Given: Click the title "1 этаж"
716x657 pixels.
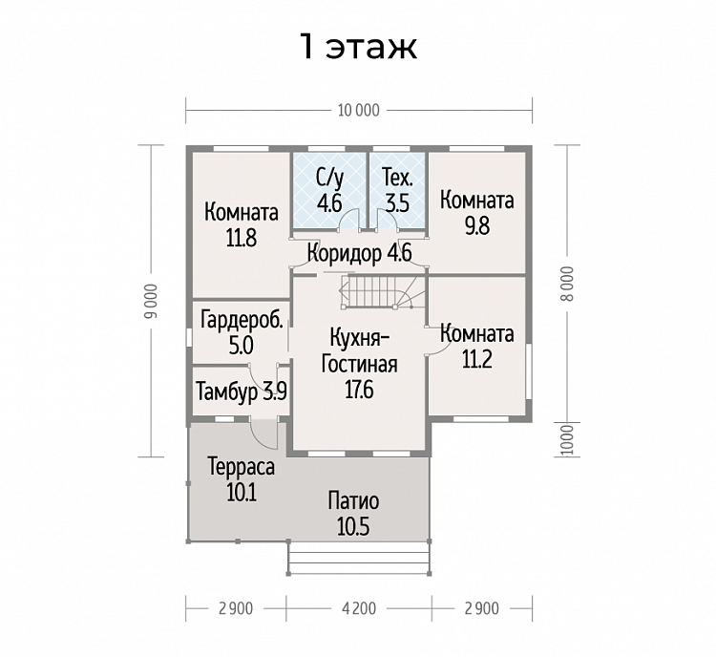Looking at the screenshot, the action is click(358, 46).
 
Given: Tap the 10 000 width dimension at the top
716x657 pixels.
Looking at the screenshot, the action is click(358, 111).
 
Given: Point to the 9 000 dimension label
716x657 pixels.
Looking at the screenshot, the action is click(153, 301).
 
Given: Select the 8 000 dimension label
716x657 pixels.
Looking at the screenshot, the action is click(567, 284).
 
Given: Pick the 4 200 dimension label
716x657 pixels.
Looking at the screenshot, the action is click(359, 608).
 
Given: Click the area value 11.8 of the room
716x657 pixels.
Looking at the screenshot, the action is click(242, 238).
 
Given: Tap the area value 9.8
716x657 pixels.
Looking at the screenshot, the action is click(477, 225).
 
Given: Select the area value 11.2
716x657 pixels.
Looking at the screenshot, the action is click(477, 360).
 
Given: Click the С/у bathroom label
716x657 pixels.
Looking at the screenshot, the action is click(329, 179).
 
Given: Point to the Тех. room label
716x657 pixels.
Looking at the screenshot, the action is click(398, 178).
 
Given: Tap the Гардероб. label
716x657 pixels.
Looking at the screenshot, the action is click(242, 320).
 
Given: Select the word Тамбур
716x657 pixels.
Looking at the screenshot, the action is click(227, 392).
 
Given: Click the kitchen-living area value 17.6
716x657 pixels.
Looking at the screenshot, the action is click(359, 391).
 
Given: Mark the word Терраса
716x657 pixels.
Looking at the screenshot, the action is click(242, 467).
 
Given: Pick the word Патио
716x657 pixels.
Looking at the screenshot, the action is click(353, 501).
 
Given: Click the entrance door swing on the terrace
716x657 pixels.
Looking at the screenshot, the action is click(264, 434).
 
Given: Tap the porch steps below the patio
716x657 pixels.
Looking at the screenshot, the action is click(359, 558).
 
